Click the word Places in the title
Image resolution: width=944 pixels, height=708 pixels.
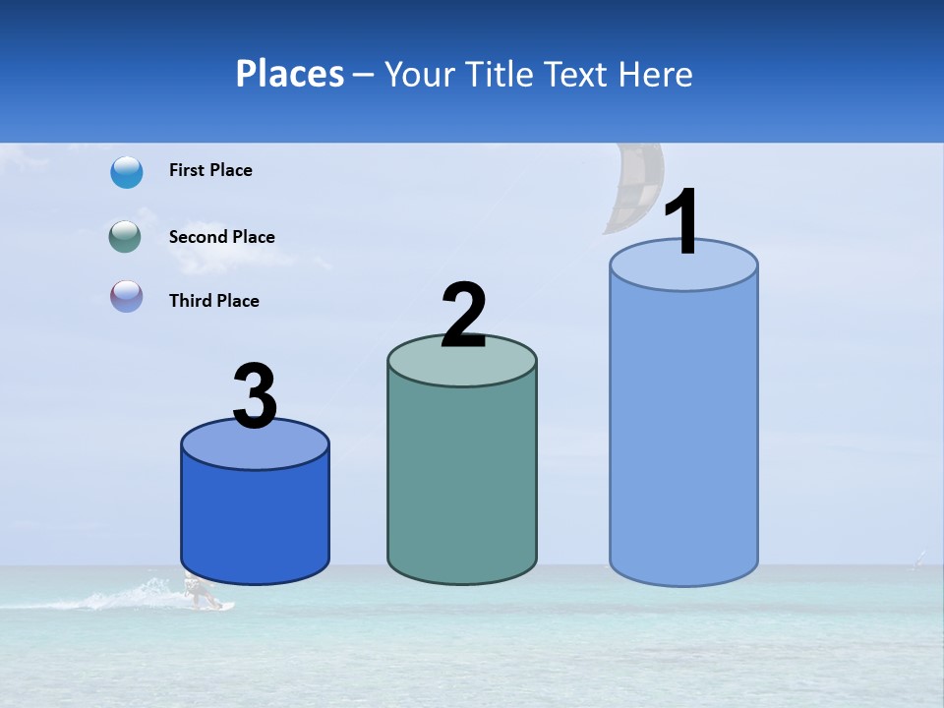click(x=289, y=74)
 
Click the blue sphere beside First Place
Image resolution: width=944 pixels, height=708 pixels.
click(x=127, y=172)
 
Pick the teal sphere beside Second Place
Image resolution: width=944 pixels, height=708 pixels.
click(x=126, y=237)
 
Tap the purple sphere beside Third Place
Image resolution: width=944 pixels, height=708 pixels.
click(x=126, y=297)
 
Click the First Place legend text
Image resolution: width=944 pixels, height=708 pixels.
click(x=210, y=170)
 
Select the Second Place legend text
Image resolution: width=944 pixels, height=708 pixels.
click(x=221, y=237)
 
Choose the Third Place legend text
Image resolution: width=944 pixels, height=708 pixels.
click(x=213, y=301)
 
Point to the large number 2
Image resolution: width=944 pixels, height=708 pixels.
click(x=463, y=315)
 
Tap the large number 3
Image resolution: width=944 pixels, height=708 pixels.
click(x=255, y=396)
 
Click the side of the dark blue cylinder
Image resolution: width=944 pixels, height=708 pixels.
click(x=255, y=521)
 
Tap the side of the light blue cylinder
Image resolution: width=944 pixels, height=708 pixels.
click(x=683, y=433)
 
